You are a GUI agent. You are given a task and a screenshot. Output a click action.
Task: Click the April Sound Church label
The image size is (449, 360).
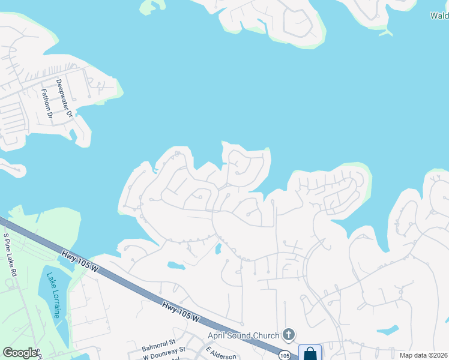[x=243, y=335]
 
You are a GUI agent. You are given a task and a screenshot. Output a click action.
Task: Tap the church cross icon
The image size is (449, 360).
[x=289, y=335]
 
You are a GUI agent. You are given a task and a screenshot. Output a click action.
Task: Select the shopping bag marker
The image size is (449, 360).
[x=310, y=353]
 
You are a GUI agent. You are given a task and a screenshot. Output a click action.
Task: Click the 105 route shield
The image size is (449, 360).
[x=285, y=356]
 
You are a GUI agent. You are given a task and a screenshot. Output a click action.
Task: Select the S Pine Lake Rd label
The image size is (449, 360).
[x=11, y=254]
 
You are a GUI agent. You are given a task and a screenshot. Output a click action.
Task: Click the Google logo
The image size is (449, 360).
[x=19, y=353]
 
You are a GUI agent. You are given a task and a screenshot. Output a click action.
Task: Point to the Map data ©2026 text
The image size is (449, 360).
[x=423, y=355]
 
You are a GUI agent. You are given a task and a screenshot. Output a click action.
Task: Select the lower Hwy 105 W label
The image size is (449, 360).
[x=180, y=314]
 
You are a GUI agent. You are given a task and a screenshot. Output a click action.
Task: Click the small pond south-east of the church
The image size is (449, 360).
[x=388, y=330]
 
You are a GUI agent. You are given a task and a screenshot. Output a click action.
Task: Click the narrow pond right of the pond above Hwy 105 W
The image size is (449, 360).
[x=218, y=248]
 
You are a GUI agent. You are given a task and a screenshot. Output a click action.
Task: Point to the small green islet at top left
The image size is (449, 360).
[x=152, y=7]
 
